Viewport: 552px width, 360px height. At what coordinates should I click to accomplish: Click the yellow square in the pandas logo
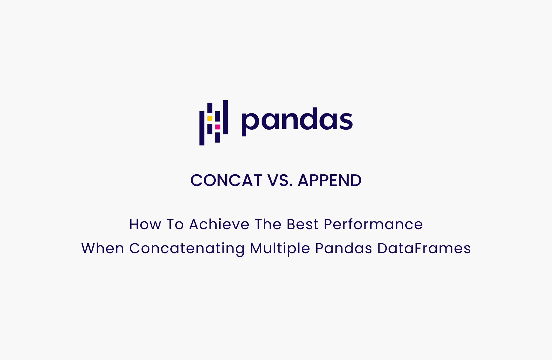210,118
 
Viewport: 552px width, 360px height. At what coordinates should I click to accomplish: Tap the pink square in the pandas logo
217,127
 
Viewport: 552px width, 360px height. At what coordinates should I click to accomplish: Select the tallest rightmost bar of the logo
225,117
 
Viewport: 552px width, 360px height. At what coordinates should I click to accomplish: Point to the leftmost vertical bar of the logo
202,128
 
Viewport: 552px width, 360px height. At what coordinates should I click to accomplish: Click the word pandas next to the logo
297,120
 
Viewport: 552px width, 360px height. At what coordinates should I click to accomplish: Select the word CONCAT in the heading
226,180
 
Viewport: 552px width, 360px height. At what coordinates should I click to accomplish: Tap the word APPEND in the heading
329,180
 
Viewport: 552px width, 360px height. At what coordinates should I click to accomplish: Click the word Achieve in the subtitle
219,224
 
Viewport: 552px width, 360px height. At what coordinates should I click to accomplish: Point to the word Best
302,224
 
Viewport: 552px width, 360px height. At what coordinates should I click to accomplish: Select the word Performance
373,224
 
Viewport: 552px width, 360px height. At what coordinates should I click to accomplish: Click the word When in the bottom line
103,248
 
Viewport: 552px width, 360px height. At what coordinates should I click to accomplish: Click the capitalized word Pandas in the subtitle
343,248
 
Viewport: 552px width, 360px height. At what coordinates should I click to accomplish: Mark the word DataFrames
424,248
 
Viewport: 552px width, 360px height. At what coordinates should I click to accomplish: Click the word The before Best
268,224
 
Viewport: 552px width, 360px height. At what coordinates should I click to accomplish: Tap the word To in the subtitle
175,224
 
